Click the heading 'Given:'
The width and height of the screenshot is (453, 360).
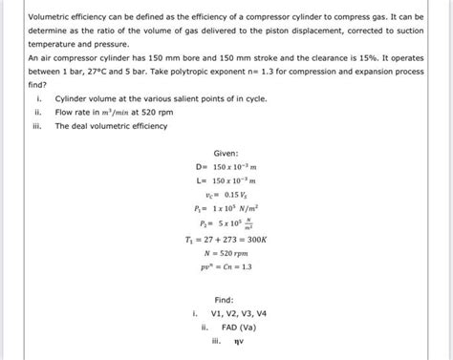point(226,153)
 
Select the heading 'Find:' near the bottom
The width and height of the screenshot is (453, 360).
point(225,299)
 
